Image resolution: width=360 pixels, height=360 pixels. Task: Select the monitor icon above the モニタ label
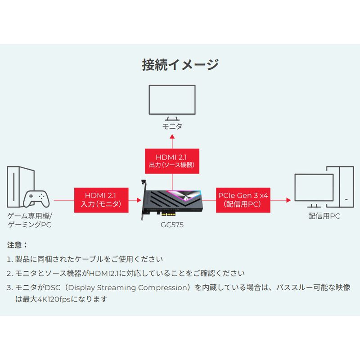[x=172, y=101]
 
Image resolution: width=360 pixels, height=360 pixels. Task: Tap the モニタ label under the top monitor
[x=172, y=126]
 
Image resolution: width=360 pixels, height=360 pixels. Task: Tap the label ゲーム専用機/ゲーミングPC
[x=30, y=220]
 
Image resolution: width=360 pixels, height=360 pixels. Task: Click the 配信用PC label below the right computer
[x=324, y=216]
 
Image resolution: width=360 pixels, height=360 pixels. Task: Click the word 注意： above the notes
[x=18, y=246]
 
